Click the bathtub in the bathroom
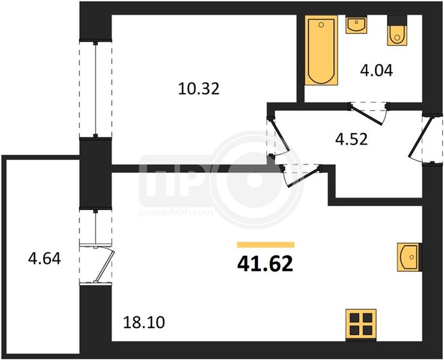coord(321,50)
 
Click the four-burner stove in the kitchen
coord(361,324)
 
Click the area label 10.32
coord(199,89)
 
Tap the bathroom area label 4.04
coord(377,71)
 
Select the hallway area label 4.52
coord(351,139)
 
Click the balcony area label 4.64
coord(45,258)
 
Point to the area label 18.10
coord(144,322)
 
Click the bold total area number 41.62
coord(265,264)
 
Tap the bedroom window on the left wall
coord(95,89)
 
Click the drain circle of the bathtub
coord(321,25)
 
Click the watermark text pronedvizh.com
coord(176,212)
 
